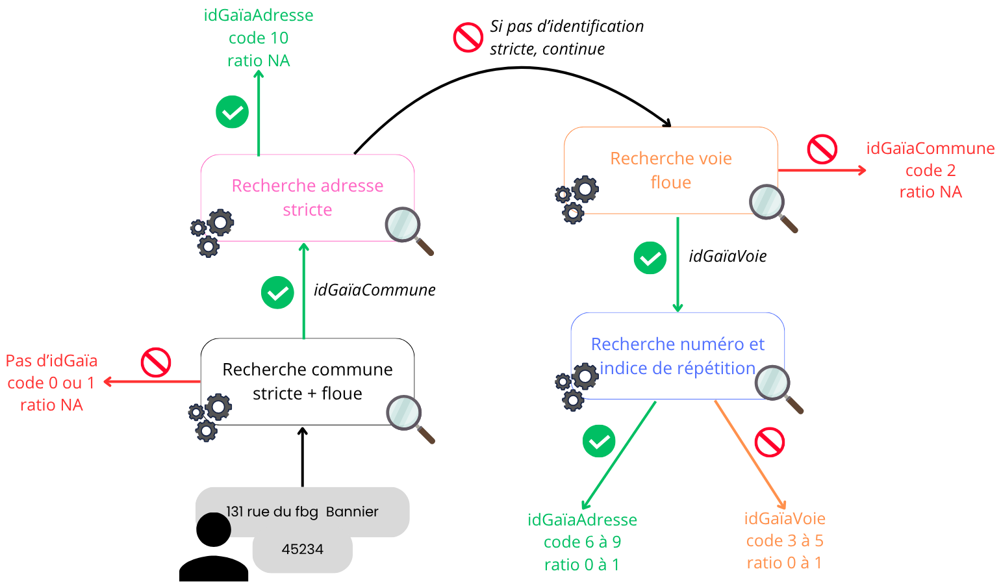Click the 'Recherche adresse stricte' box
coord(307,197)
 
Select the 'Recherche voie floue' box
coord(670,170)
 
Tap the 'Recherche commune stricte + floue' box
coord(307,381)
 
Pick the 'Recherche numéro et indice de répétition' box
coord(677,356)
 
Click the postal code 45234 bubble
coord(303,550)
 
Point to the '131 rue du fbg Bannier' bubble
coord(303,511)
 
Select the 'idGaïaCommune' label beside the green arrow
coord(374,290)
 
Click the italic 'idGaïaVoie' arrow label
coord(728,257)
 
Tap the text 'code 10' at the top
coord(259,38)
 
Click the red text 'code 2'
coord(930,170)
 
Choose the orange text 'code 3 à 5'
coord(785,540)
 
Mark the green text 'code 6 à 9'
coord(582,542)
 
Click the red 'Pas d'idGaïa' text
coord(51,361)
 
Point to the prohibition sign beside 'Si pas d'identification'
coord(468,37)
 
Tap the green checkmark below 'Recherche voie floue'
coord(650,258)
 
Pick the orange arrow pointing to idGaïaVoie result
coord(750,455)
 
